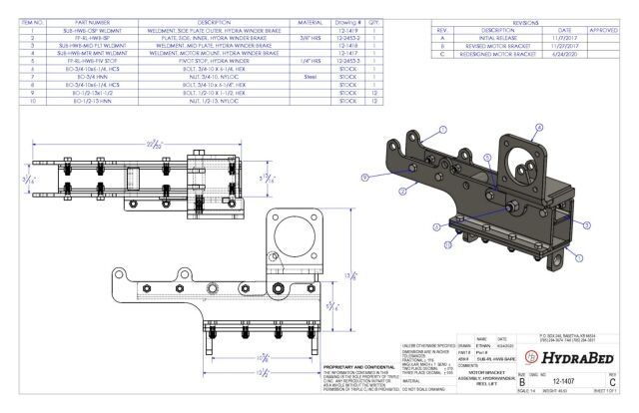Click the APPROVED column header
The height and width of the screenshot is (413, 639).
tap(603, 29)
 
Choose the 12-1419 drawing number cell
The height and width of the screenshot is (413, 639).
tap(348, 29)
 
